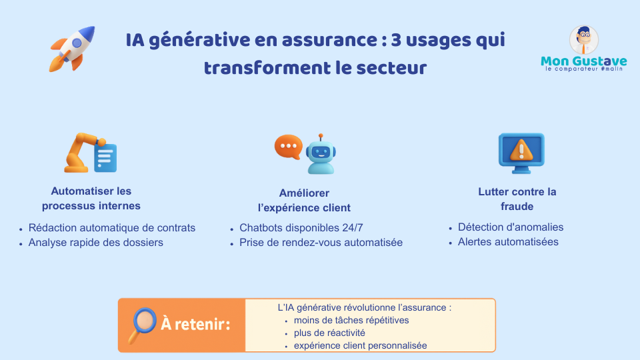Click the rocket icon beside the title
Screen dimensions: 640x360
click(x=72, y=49)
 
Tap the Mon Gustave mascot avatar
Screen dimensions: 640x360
click(x=584, y=39)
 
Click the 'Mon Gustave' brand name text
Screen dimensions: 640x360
click(x=584, y=61)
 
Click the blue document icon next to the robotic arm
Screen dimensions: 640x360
click(x=105, y=157)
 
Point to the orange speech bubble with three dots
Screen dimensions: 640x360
click(x=289, y=146)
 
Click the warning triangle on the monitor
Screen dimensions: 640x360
click(x=521, y=150)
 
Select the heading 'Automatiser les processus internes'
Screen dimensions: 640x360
click(x=91, y=199)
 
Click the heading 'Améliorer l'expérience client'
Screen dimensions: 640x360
click(x=304, y=201)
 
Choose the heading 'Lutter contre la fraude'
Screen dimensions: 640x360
click(x=517, y=199)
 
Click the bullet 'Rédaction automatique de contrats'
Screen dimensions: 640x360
click(x=112, y=228)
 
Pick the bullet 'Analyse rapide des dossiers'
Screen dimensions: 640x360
click(x=96, y=243)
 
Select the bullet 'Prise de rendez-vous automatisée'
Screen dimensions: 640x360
click(x=321, y=243)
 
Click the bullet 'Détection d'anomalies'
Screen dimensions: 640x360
click(x=511, y=227)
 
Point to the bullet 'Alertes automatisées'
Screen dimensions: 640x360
click(x=508, y=241)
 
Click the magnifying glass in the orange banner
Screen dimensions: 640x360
click(x=143, y=325)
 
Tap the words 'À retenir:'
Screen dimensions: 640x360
click(x=195, y=324)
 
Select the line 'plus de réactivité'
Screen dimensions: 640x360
click(x=329, y=333)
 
